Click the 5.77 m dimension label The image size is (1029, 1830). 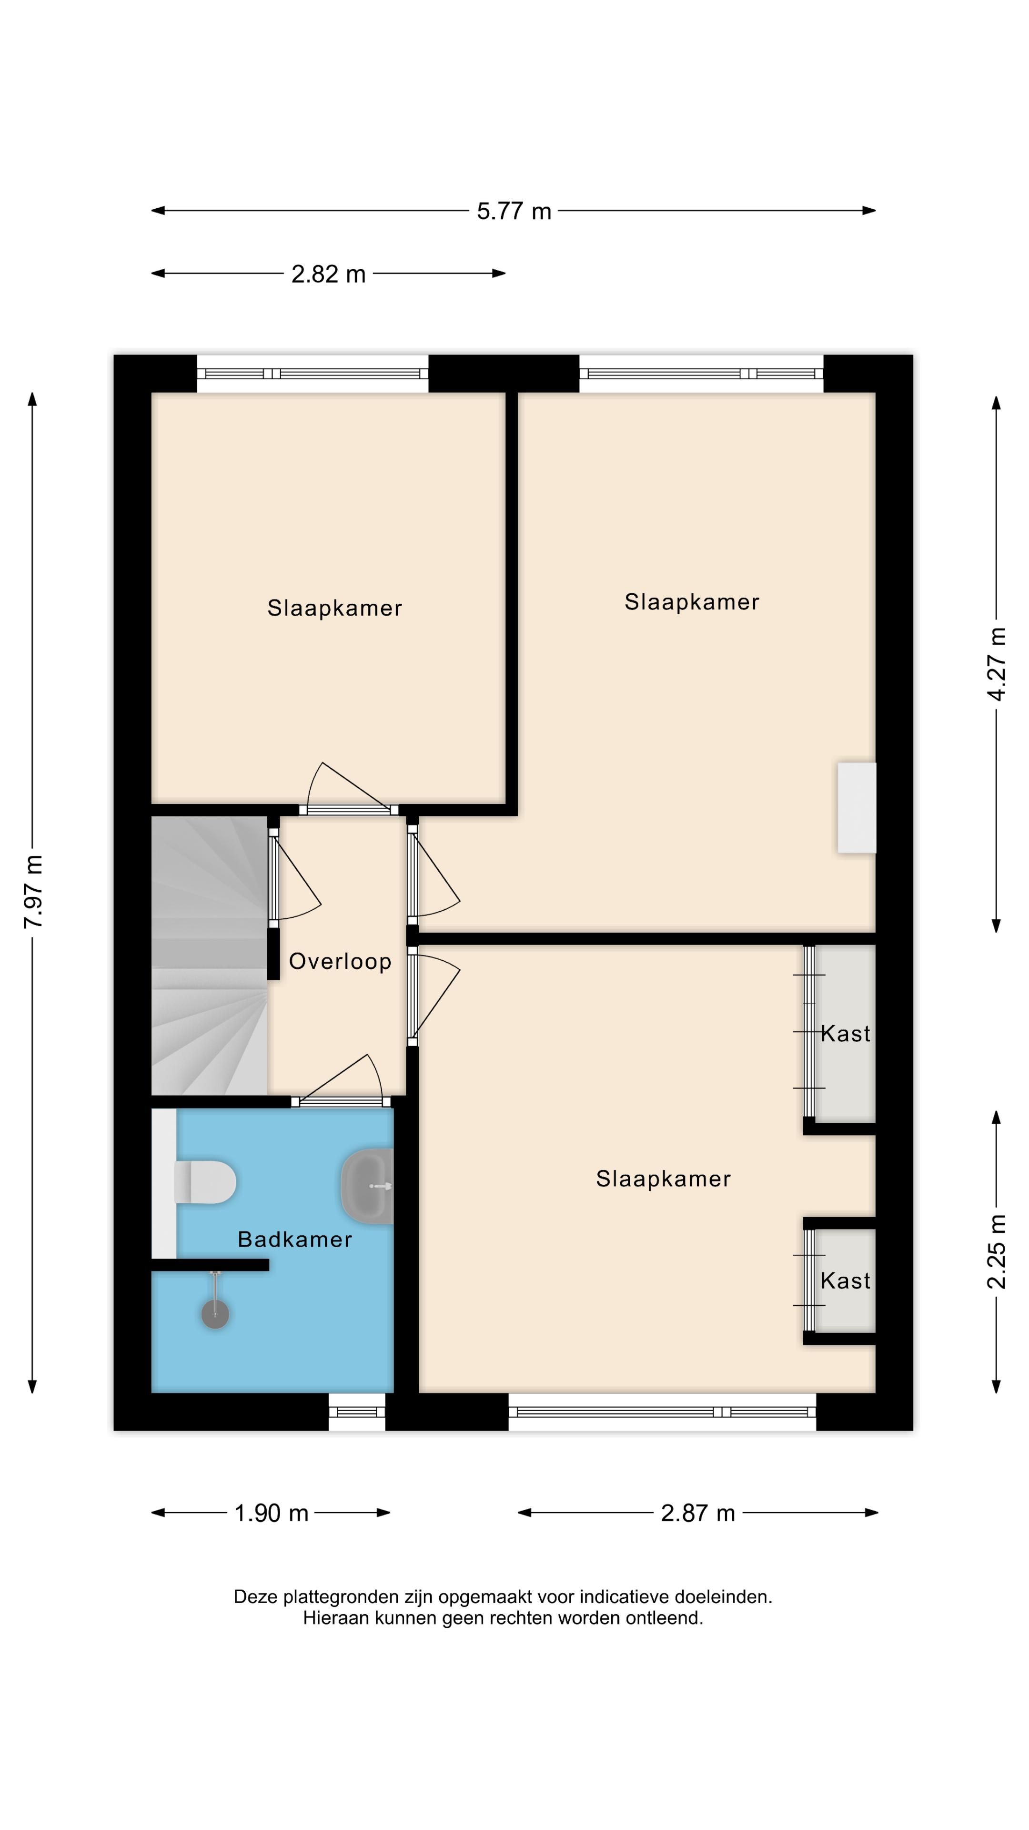(x=514, y=212)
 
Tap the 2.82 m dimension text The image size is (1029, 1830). (x=328, y=274)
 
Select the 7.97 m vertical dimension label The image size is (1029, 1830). (x=33, y=892)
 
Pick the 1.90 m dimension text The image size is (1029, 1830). (x=271, y=1513)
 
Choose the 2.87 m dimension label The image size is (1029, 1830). (x=697, y=1513)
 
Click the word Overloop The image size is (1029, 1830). (x=340, y=962)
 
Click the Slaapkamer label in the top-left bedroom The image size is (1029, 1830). (x=334, y=608)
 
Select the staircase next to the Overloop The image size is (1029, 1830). (x=209, y=956)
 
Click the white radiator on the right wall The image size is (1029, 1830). (x=857, y=808)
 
